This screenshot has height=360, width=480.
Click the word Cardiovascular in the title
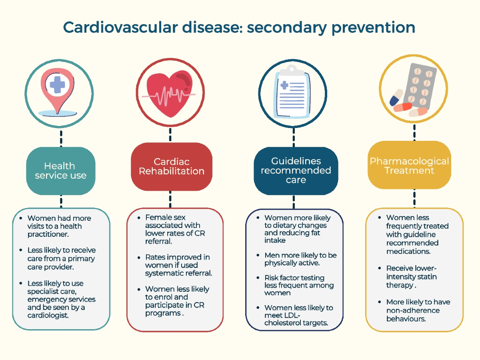click(x=120, y=27)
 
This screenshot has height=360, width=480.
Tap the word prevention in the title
click(x=373, y=28)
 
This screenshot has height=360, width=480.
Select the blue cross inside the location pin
click(x=57, y=84)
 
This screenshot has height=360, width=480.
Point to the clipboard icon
click(x=292, y=93)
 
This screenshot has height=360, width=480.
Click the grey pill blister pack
click(x=420, y=86)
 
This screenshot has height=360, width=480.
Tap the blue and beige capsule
click(x=396, y=97)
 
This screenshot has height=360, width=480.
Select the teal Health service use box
click(x=60, y=171)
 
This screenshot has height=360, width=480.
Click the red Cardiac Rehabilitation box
click(x=172, y=166)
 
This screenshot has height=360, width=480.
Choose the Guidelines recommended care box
click(x=296, y=171)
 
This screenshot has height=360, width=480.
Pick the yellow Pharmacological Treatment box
click(x=409, y=165)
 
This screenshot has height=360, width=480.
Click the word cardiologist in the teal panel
click(x=48, y=315)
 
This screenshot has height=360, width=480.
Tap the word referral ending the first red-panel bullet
click(x=158, y=241)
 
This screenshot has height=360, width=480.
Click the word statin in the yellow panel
click(x=426, y=277)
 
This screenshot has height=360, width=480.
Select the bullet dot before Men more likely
click(x=258, y=255)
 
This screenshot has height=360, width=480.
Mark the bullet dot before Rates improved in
click(x=139, y=258)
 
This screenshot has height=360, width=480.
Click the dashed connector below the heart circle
click(x=170, y=135)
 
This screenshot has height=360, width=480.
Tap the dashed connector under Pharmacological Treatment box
click(x=414, y=198)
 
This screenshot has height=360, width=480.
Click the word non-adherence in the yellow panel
click(x=413, y=310)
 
